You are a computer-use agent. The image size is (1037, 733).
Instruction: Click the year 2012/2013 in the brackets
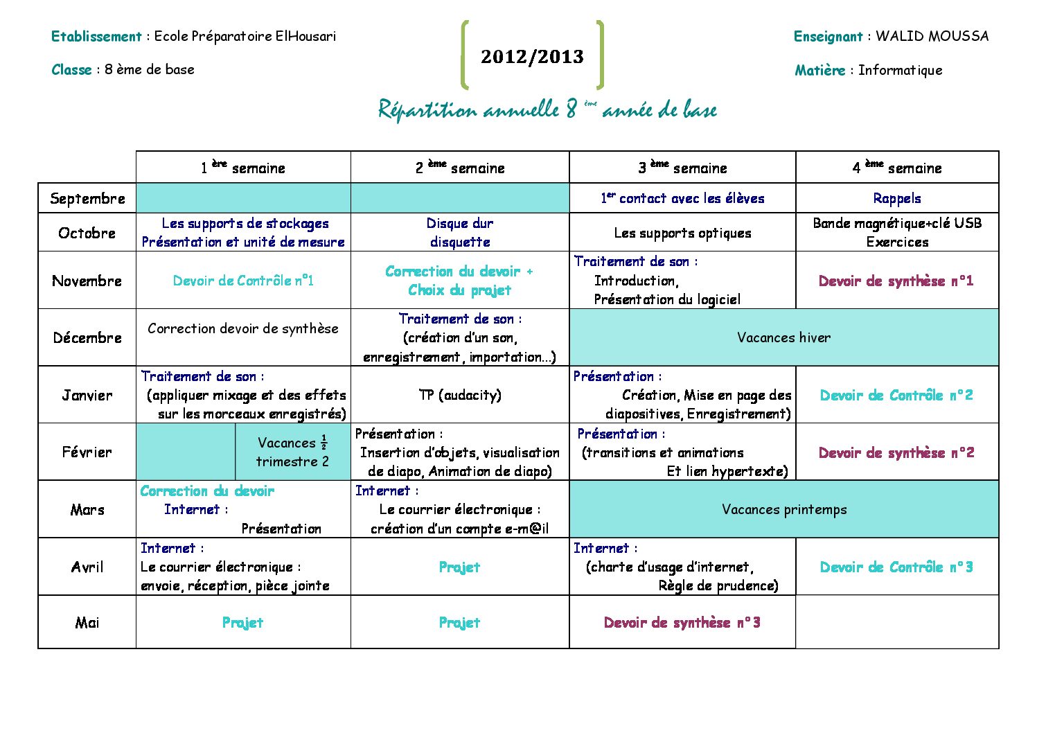click(x=532, y=57)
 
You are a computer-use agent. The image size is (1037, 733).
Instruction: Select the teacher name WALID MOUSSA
click(x=932, y=36)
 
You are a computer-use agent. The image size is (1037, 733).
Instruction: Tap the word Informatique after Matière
click(x=900, y=70)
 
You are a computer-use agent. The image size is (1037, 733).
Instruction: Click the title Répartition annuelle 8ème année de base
click(x=547, y=109)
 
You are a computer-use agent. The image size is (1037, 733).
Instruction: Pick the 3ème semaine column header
click(x=682, y=168)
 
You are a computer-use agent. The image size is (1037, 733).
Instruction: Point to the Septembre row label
click(x=87, y=199)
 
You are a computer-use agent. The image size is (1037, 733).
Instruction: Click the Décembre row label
click(x=87, y=338)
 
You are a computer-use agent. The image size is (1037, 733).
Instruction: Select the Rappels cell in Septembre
click(x=897, y=199)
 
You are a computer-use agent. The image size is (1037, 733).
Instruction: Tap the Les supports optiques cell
click(x=682, y=233)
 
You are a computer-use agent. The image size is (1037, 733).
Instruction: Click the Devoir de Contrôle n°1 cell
click(x=243, y=281)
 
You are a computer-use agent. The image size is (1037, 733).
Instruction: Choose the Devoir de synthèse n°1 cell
click(x=896, y=281)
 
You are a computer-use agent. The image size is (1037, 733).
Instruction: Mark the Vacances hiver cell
click(x=783, y=338)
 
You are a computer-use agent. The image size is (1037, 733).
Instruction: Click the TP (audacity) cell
click(x=460, y=395)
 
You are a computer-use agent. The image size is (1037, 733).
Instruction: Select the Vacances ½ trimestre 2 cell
click(x=292, y=452)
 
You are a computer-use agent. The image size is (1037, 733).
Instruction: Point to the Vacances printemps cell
click(x=783, y=510)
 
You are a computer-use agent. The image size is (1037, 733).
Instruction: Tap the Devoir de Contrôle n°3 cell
click(x=896, y=567)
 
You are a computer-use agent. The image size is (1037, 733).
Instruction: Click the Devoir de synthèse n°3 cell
click(x=682, y=622)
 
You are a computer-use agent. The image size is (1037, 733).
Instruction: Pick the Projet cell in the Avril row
click(x=460, y=567)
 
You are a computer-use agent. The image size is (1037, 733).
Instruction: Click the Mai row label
click(x=87, y=622)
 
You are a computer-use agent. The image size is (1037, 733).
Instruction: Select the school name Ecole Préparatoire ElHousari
click(x=245, y=36)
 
